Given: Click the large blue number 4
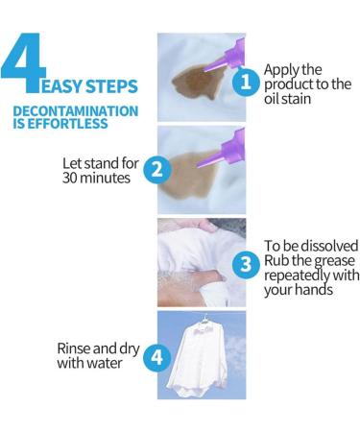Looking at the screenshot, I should (32, 66).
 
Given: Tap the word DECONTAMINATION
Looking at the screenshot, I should (75, 111).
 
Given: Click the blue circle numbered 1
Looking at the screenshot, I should (245, 82).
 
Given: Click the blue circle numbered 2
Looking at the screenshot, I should (155, 171).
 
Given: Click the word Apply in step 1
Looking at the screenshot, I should (282, 69).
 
